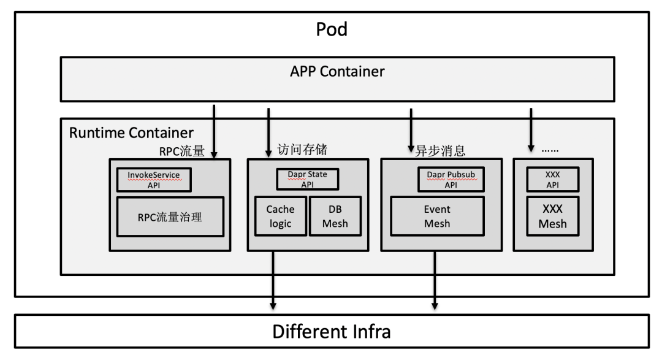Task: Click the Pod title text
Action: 332,29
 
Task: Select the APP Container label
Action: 337,71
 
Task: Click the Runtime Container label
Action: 131,132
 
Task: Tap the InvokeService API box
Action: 154,180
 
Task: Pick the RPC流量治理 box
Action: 170,216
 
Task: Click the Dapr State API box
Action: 307,179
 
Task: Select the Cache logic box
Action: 280,216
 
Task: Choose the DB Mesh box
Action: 335,216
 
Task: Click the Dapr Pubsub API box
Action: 451,179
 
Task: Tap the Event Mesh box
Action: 436,216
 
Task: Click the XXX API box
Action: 552,179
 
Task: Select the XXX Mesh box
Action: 552,216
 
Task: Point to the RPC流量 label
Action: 181,150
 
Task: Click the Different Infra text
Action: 332,332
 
